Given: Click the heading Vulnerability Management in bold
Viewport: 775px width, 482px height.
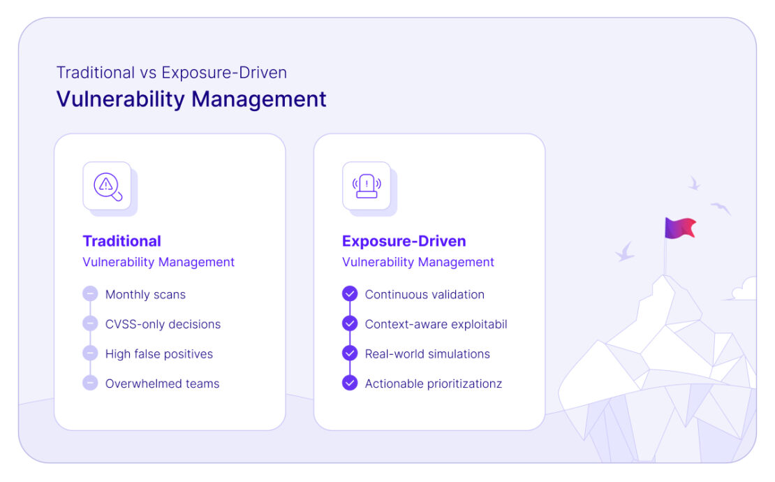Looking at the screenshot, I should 191,99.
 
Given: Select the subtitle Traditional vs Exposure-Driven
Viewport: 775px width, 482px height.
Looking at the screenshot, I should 172,73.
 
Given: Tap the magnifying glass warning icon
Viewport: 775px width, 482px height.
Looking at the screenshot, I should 107,186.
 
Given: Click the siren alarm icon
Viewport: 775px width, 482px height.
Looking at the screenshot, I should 367,186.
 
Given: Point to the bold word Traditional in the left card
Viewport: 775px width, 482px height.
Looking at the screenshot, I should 122,241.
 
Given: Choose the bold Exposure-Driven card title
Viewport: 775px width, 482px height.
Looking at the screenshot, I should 404,241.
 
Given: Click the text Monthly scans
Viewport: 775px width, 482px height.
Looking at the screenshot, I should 145,294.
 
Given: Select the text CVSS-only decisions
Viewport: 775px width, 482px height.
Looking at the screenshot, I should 163,324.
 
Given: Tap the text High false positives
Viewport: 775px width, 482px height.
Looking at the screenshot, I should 159,353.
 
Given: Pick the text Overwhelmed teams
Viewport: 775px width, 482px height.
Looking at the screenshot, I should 162,384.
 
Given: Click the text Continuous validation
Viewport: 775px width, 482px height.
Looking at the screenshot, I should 425,294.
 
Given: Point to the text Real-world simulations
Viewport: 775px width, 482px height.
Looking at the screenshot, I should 427,353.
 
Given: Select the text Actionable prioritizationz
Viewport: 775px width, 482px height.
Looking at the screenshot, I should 433,384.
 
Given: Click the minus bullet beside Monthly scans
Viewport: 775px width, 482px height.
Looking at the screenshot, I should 90,294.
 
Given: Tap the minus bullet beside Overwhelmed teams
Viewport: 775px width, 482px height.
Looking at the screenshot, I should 90,383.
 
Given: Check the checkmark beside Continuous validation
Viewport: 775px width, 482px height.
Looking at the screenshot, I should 350,294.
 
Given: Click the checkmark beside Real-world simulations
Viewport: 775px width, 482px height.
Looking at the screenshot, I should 350,353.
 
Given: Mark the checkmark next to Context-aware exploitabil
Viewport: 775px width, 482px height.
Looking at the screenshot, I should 350,323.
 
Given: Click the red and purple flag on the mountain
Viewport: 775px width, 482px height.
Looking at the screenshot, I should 680,228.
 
